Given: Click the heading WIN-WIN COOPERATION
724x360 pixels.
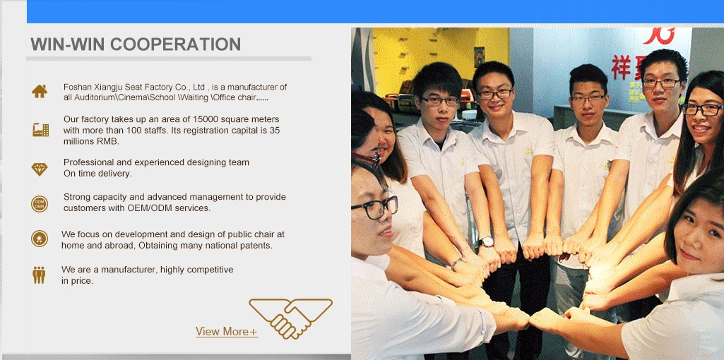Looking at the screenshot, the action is pyautogui.click(x=136, y=44).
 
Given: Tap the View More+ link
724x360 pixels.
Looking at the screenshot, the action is pyautogui.click(x=226, y=331).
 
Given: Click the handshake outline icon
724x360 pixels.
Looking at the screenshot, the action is pyautogui.click(x=290, y=318).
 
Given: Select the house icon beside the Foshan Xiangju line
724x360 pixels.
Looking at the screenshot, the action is pyautogui.click(x=40, y=91).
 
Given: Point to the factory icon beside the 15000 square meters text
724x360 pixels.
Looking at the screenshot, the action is pyautogui.click(x=41, y=130).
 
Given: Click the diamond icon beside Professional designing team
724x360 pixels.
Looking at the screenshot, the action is pyautogui.click(x=40, y=169).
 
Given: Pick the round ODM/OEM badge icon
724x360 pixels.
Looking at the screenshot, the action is pyautogui.click(x=40, y=204).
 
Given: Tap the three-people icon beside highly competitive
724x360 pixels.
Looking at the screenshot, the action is pyautogui.click(x=40, y=275).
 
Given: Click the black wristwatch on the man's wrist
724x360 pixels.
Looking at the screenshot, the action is pyautogui.click(x=486, y=241).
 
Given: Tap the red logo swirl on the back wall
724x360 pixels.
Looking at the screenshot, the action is pyautogui.click(x=659, y=35).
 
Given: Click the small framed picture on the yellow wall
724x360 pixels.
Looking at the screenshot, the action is pyautogui.click(x=480, y=56).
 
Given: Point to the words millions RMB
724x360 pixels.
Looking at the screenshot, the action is pyautogui.click(x=91, y=142).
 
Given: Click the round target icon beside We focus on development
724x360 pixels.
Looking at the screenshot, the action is pyautogui.click(x=40, y=239).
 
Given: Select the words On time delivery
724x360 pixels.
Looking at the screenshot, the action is pyautogui.click(x=98, y=174).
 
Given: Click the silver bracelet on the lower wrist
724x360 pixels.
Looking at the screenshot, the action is pyautogui.click(x=456, y=263).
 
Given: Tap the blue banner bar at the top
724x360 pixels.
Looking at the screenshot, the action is pyautogui.click(x=375, y=11).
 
